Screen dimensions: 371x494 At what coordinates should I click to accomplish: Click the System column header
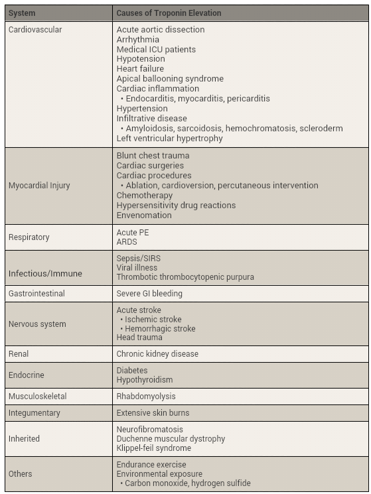point(22,13)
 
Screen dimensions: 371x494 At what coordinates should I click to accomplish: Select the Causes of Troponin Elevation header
point(169,13)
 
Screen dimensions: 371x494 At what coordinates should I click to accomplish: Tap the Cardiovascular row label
point(35,30)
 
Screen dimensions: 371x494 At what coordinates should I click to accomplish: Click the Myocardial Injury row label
point(39,186)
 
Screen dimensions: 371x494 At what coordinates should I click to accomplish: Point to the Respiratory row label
point(29,237)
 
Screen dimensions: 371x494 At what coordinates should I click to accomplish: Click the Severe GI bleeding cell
point(149,293)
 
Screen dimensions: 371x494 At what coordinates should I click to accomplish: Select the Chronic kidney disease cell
point(157,354)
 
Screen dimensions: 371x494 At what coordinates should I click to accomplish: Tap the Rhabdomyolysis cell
point(146,397)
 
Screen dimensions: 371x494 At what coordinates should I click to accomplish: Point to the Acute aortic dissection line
point(161,30)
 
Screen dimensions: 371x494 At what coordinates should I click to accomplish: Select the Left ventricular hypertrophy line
point(169,139)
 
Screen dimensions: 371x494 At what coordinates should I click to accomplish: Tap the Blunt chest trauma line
point(153,156)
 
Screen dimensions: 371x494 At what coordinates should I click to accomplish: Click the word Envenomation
point(144,215)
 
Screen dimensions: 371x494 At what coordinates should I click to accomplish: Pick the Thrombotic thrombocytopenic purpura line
point(185,277)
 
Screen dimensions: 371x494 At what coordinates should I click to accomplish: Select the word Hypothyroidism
point(145,380)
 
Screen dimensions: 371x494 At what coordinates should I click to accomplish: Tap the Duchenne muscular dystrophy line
point(171,439)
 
